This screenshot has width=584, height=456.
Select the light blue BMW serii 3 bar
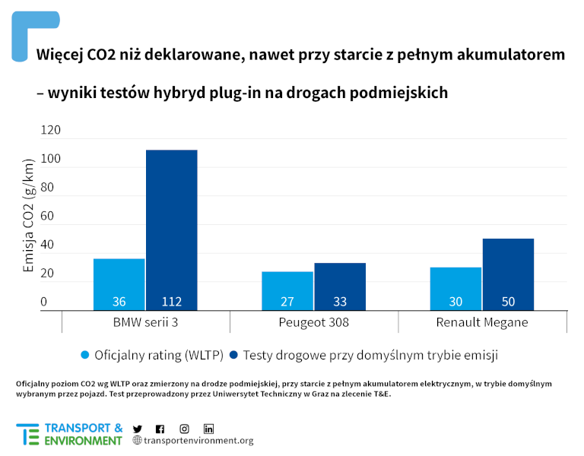pyautogui.click(x=119, y=283)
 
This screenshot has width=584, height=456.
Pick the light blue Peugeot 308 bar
pyautogui.click(x=287, y=290)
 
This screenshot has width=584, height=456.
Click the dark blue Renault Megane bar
pyautogui.click(x=508, y=274)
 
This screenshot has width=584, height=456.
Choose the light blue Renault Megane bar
pyautogui.click(x=455, y=288)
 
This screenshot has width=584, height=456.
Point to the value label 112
pyautogui.click(x=171, y=302)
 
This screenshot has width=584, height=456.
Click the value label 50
pyautogui.click(x=508, y=302)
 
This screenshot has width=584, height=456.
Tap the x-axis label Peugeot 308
pyautogui.click(x=314, y=322)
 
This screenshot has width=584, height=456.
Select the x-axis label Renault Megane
pyautogui.click(x=482, y=322)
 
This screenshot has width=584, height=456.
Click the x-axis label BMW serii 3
pyautogui.click(x=145, y=322)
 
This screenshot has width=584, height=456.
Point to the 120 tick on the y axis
pyautogui.click(x=50, y=131)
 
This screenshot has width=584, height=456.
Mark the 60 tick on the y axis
pyautogui.click(x=47, y=217)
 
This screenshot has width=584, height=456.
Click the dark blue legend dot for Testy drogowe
pyautogui.click(x=233, y=355)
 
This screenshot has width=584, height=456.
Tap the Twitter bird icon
pyautogui.click(x=138, y=429)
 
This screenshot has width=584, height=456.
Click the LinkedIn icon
pyautogui.click(x=208, y=429)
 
